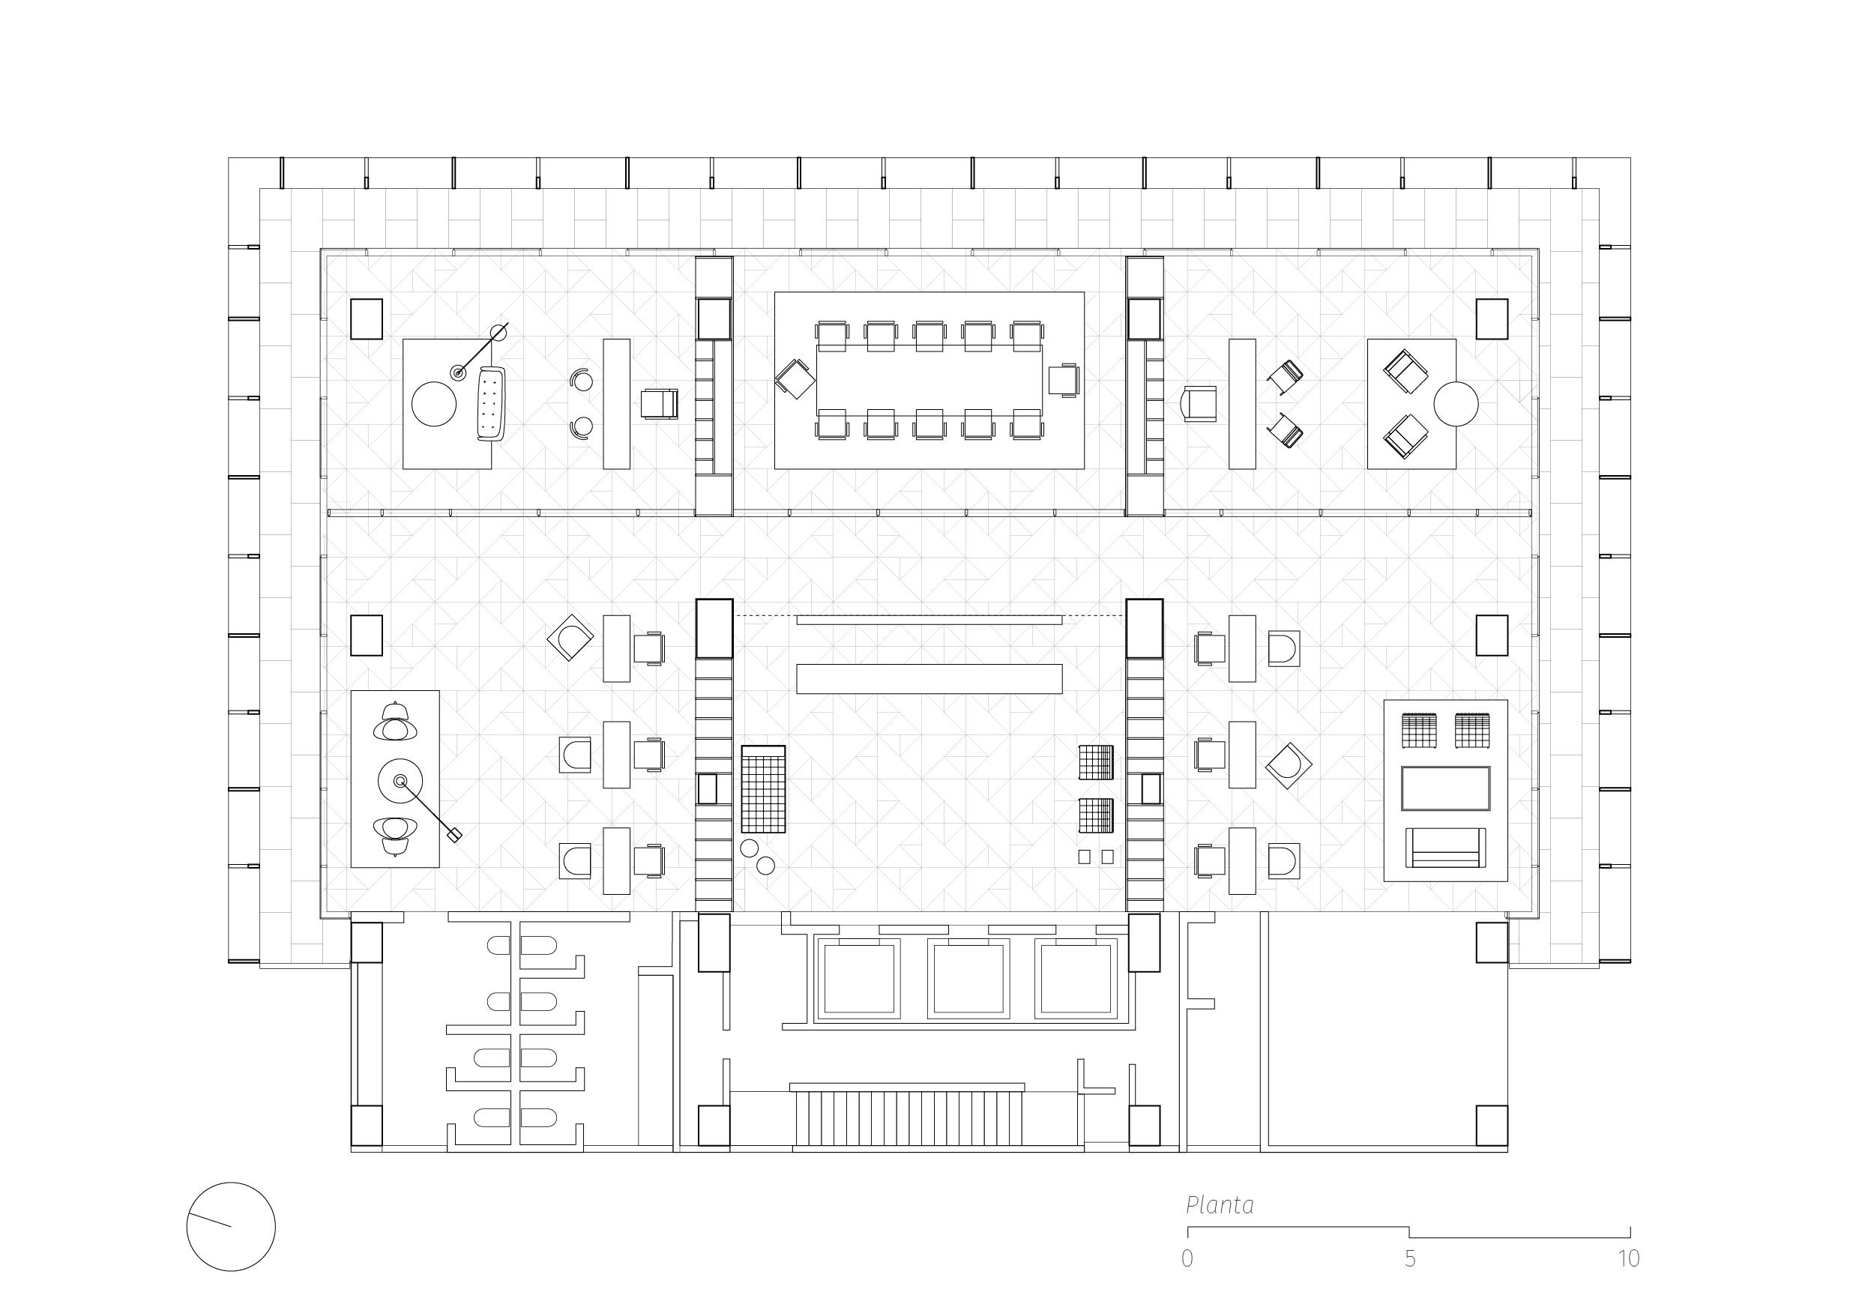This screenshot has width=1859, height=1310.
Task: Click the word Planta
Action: point(1220,1206)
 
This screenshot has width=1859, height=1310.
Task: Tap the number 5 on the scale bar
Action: point(1410,1259)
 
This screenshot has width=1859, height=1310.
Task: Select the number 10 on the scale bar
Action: point(1628,1259)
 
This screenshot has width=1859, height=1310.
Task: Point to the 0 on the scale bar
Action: point(1187,1259)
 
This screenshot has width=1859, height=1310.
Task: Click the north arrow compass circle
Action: point(231,1227)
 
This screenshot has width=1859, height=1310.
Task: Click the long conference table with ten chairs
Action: point(929,381)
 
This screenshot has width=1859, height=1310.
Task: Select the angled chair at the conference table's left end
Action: point(795,379)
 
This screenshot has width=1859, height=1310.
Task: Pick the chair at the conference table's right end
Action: point(1063,380)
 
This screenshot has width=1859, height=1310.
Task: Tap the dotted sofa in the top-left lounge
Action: point(491,403)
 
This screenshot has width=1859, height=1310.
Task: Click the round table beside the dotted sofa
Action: point(434,404)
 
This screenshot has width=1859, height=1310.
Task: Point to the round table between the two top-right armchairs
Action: point(1455,403)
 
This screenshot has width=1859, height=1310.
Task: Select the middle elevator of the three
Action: point(968,978)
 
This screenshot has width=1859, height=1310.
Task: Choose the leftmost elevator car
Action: point(858,978)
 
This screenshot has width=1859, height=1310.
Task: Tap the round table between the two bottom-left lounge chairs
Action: point(400,780)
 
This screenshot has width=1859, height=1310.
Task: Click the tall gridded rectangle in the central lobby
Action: point(762,789)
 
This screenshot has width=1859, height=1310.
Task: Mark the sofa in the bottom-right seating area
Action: point(1445,848)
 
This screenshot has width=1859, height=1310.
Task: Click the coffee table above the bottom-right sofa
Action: point(1445,788)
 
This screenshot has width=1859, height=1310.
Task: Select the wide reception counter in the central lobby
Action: point(929,678)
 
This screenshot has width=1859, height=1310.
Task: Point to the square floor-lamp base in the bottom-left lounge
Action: point(455,836)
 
